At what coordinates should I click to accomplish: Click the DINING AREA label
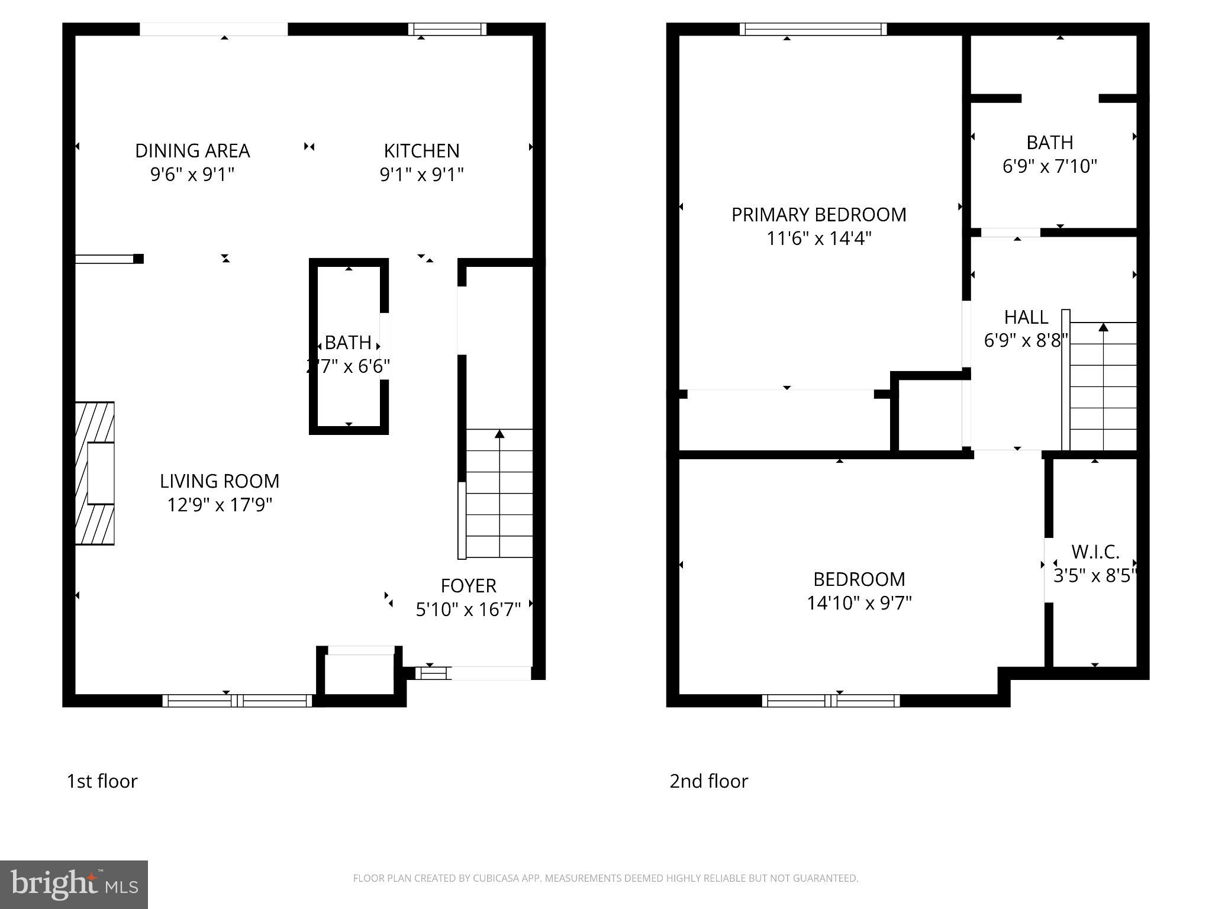pyautogui.click(x=192, y=151)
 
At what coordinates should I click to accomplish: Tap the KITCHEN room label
pyautogui.click(x=421, y=151)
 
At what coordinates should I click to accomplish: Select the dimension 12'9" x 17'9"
pyautogui.click(x=220, y=505)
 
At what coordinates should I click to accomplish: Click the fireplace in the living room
pyautogui.click(x=95, y=473)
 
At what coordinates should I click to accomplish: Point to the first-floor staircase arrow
pyautogui.click(x=499, y=435)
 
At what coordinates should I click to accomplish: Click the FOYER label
pyautogui.click(x=468, y=585)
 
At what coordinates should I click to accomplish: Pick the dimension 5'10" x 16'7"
pyautogui.click(x=468, y=609)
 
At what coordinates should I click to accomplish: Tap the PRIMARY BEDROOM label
pyautogui.click(x=818, y=214)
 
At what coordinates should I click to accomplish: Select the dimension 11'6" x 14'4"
pyautogui.click(x=818, y=238)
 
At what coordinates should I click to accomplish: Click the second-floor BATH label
pyautogui.click(x=1049, y=143)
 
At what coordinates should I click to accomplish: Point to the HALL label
pyautogui.click(x=1026, y=317)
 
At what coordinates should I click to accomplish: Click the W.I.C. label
pyautogui.click(x=1095, y=552)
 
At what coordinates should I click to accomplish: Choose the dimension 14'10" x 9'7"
pyautogui.click(x=859, y=603)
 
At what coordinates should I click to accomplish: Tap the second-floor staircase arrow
pyautogui.click(x=1103, y=327)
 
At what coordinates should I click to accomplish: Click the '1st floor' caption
pyautogui.click(x=102, y=781)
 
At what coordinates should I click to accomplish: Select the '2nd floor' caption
pyautogui.click(x=708, y=781)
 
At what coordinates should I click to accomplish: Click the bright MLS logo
pyautogui.click(x=74, y=884)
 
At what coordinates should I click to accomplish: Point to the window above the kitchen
pyautogui.click(x=447, y=29)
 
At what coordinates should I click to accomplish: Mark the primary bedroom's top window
pyautogui.click(x=813, y=29)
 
